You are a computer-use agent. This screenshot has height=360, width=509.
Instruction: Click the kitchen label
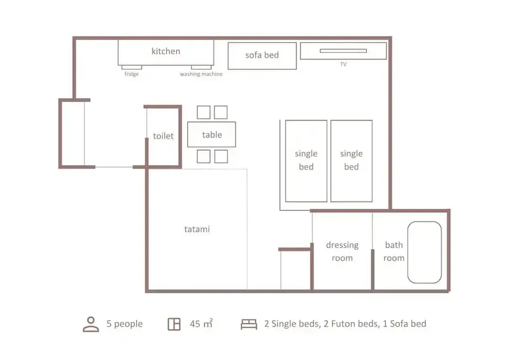165,51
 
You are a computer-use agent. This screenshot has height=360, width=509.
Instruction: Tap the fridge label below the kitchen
131,74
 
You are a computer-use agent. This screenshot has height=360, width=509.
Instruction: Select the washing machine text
201,74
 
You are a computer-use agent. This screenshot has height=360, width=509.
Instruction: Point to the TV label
343,64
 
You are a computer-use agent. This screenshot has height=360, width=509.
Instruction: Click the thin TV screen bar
343,50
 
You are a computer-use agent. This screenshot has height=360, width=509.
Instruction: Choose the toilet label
163,135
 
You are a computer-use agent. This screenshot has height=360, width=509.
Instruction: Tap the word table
212,134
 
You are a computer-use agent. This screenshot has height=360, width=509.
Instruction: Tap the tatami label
196,229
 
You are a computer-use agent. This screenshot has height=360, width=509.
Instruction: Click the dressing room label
342,251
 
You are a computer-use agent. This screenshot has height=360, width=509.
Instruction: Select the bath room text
394,251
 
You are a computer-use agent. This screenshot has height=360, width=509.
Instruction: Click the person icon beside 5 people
91,324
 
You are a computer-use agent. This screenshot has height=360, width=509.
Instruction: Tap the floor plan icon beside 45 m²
174,324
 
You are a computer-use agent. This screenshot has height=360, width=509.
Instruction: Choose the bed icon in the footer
249,324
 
